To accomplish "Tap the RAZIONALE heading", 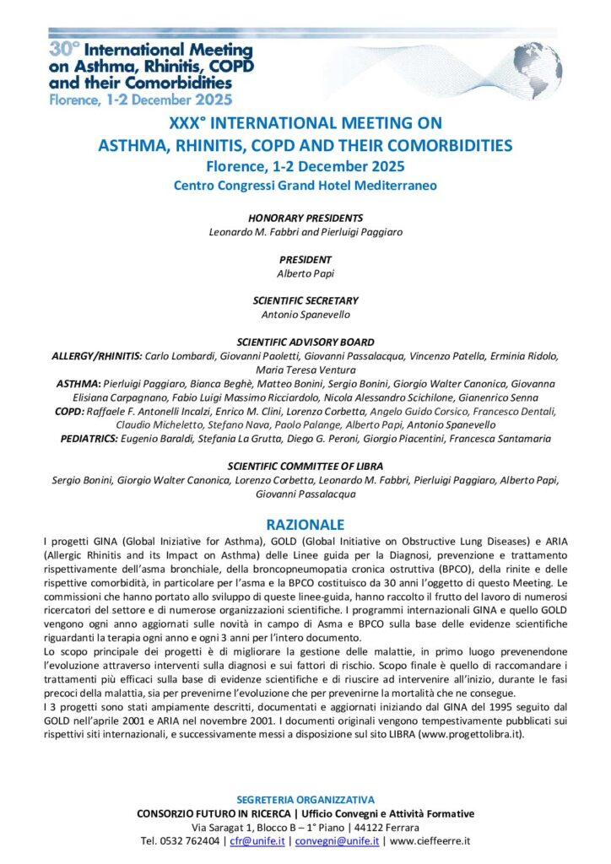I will [305, 524].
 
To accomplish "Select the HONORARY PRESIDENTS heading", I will [305, 218].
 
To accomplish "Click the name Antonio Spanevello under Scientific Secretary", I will [305, 315].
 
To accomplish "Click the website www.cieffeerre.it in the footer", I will [430, 841].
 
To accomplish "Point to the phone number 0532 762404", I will [190, 841].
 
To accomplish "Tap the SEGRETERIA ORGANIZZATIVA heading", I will [305, 799].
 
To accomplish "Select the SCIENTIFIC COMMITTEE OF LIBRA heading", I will [305, 466].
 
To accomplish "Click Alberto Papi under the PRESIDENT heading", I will [305, 273].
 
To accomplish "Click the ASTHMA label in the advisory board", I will [78, 383].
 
